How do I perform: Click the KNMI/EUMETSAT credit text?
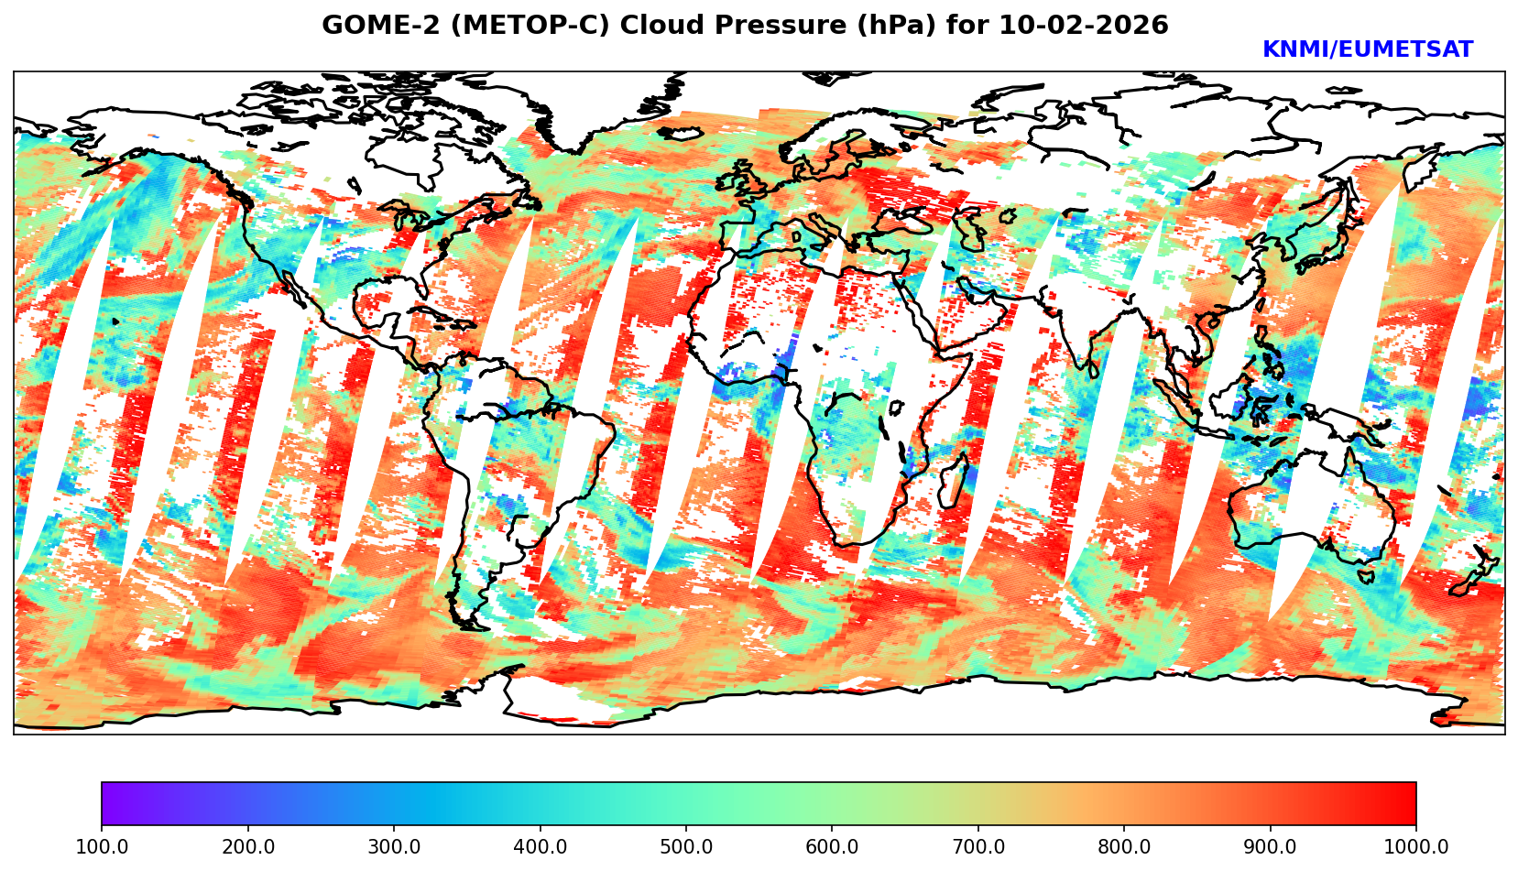point(1367,50)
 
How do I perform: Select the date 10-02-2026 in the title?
point(1084,26)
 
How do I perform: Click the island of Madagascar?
point(954,482)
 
